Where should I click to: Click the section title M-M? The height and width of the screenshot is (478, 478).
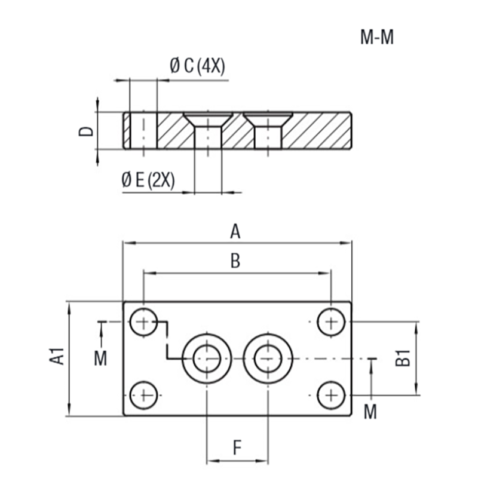point(377,38)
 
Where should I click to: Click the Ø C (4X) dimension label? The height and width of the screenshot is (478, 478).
point(197,66)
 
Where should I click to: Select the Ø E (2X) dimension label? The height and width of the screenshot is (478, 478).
point(148,180)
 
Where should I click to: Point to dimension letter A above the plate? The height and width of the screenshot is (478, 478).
point(235,231)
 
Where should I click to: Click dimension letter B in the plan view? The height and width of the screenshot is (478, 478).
point(235,261)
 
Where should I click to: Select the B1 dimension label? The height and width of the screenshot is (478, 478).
point(404,358)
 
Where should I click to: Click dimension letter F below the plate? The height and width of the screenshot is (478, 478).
point(237,448)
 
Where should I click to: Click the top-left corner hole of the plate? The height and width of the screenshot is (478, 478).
point(144,323)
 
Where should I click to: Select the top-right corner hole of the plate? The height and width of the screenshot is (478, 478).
point(329,323)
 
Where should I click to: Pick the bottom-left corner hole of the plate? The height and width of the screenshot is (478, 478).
point(144,394)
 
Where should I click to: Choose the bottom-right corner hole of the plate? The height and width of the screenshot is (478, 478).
point(329,394)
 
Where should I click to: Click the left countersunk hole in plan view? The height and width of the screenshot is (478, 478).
point(207,358)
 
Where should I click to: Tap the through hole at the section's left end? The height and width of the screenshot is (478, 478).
point(143,130)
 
